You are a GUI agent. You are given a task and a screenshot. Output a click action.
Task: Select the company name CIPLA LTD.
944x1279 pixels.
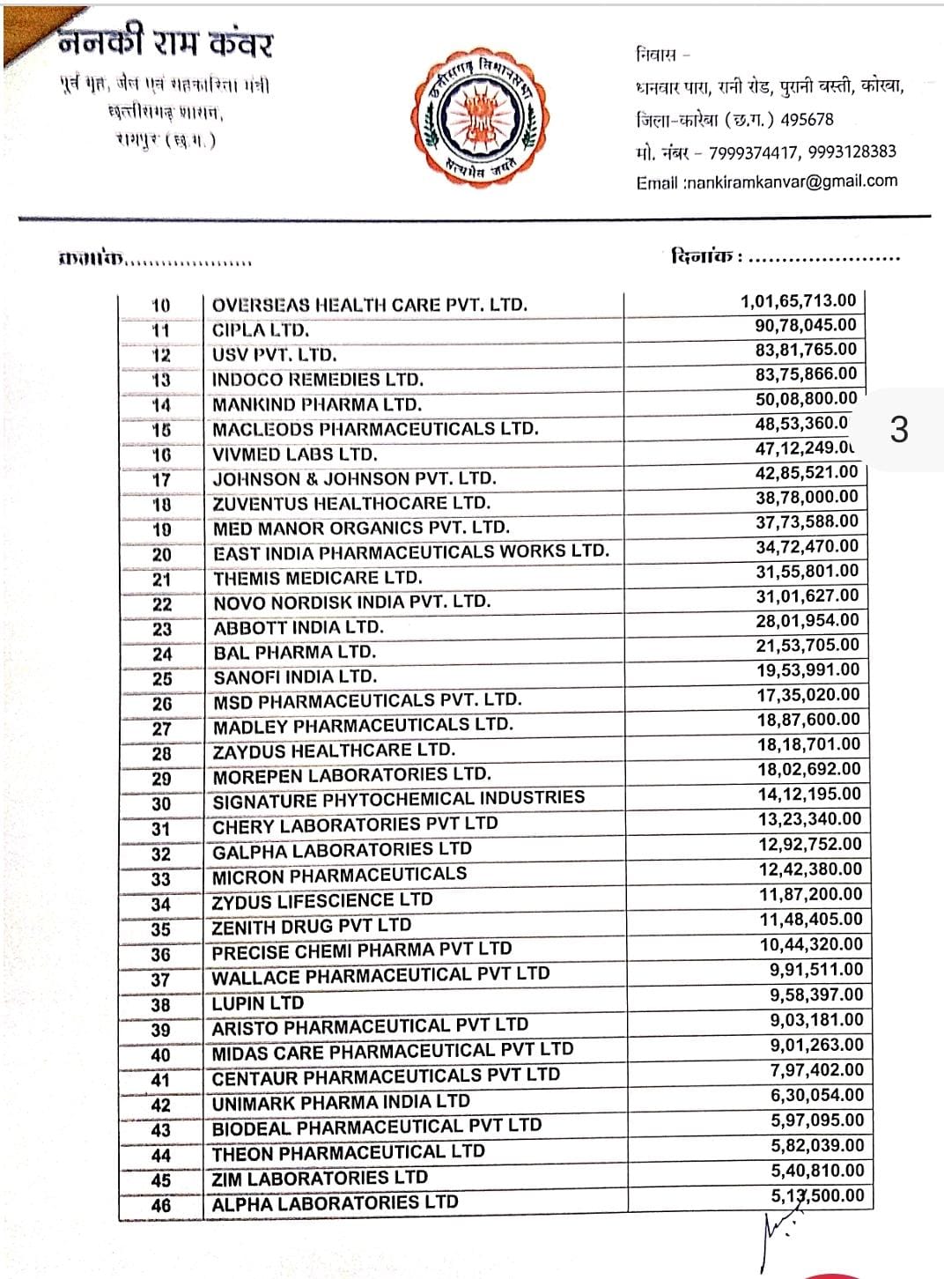click(x=261, y=330)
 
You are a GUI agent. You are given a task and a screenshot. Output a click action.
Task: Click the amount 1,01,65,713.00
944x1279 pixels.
click(x=798, y=301)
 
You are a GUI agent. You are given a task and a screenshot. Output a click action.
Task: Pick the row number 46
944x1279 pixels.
click(x=160, y=1205)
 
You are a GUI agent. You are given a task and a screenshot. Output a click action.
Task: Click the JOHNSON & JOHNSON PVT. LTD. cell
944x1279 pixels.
click(x=354, y=479)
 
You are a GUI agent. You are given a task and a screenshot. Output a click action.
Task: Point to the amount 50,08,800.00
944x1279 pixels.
click(x=806, y=398)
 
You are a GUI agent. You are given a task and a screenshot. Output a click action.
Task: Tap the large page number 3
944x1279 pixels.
click(x=898, y=430)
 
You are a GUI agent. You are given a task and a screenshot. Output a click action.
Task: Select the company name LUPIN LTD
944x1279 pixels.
click(x=257, y=1003)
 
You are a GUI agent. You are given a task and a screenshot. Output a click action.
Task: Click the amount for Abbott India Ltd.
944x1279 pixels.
click(x=806, y=620)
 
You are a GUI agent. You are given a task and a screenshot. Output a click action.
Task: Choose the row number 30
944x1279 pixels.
click(x=161, y=803)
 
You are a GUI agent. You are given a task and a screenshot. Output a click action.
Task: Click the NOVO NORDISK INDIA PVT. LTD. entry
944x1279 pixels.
click(x=351, y=603)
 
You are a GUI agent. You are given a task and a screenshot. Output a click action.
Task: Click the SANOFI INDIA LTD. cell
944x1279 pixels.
click(x=294, y=676)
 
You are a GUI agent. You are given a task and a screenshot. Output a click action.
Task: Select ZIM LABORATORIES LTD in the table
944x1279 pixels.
click(x=319, y=1178)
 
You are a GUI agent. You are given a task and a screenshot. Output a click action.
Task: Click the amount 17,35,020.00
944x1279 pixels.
click(x=808, y=695)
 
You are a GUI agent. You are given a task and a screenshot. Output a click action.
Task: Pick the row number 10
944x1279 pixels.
click(x=160, y=306)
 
